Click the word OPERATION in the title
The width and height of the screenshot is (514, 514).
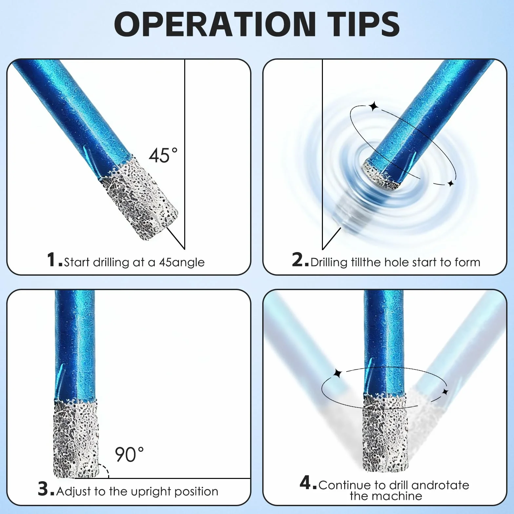click(215, 24)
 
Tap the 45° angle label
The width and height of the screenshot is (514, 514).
click(163, 155)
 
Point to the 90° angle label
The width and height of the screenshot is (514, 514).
click(129, 454)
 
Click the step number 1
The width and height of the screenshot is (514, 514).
click(51, 260)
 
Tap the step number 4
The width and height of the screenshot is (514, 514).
click(306, 483)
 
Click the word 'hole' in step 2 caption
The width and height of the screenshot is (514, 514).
click(397, 262)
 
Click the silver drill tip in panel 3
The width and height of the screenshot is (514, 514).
click(76, 438)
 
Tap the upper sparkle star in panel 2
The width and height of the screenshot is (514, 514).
click(373, 107)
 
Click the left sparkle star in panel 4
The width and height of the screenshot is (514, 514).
click(337, 373)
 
